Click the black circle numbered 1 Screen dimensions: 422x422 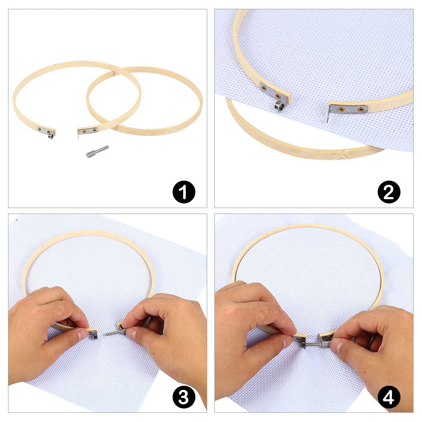point(184,192)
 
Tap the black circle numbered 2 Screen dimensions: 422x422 point(389,192)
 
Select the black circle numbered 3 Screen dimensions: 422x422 point(184,397)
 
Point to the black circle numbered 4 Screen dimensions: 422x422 point(389,397)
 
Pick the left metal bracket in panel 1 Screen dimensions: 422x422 point(45,131)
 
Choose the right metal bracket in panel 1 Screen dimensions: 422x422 point(87,131)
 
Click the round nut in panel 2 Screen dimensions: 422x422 point(280,105)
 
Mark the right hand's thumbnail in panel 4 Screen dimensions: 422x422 point(336,345)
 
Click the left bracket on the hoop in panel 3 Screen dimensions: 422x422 point(92,334)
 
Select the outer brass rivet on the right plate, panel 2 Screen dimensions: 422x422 point(361,109)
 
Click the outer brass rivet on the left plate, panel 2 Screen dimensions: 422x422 point(264,87)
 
